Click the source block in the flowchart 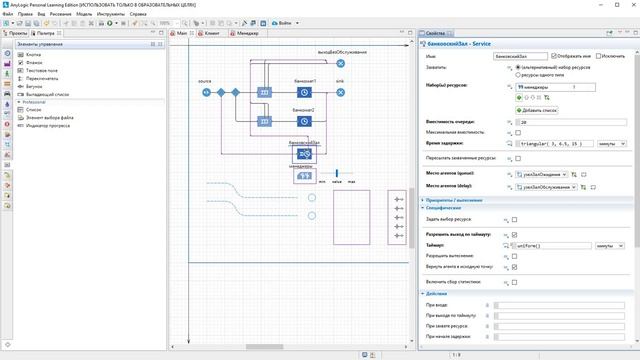pos(206,92)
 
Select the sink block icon pos(340,92)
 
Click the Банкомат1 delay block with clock pos(304,92)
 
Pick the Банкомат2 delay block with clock pos(304,121)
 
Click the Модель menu pos(84,15)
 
